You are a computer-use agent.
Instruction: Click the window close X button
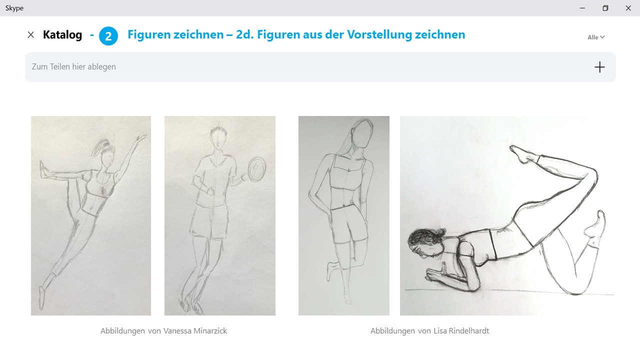coord(628,8)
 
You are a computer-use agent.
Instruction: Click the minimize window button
coord(582,8)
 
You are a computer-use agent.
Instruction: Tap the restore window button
coord(605,8)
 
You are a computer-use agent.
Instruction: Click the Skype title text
coord(14,8)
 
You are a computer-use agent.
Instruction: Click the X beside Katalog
coord(30,34)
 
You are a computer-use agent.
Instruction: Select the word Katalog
coord(62,35)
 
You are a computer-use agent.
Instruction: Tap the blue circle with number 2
coord(108,36)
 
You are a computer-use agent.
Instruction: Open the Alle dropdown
coord(596,37)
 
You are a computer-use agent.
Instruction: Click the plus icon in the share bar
coord(599,67)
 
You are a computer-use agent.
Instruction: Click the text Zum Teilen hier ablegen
coord(73,67)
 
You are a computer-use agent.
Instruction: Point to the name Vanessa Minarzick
coord(195,331)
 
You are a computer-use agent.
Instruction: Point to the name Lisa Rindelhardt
coord(461,331)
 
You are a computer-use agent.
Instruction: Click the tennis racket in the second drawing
coord(256,169)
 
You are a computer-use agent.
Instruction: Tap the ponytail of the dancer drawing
coord(98,146)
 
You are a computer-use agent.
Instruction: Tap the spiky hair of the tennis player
coord(218,131)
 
